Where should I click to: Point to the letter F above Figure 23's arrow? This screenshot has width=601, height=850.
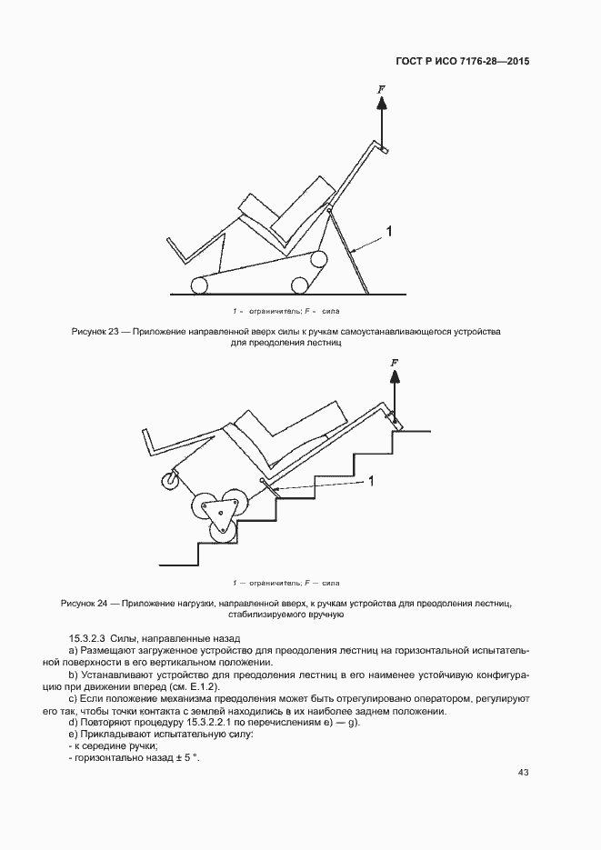(382, 89)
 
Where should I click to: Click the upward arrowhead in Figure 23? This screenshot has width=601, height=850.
(382, 104)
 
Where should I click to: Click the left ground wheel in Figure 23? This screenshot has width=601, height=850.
(198, 286)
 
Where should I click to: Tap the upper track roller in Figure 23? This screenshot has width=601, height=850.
(318, 260)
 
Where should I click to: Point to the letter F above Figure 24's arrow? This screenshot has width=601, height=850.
(394, 363)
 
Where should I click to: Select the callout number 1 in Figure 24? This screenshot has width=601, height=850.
(371, 482)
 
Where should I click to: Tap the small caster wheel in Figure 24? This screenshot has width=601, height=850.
(169, 479)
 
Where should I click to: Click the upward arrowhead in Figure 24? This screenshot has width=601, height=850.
(394, 377)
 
